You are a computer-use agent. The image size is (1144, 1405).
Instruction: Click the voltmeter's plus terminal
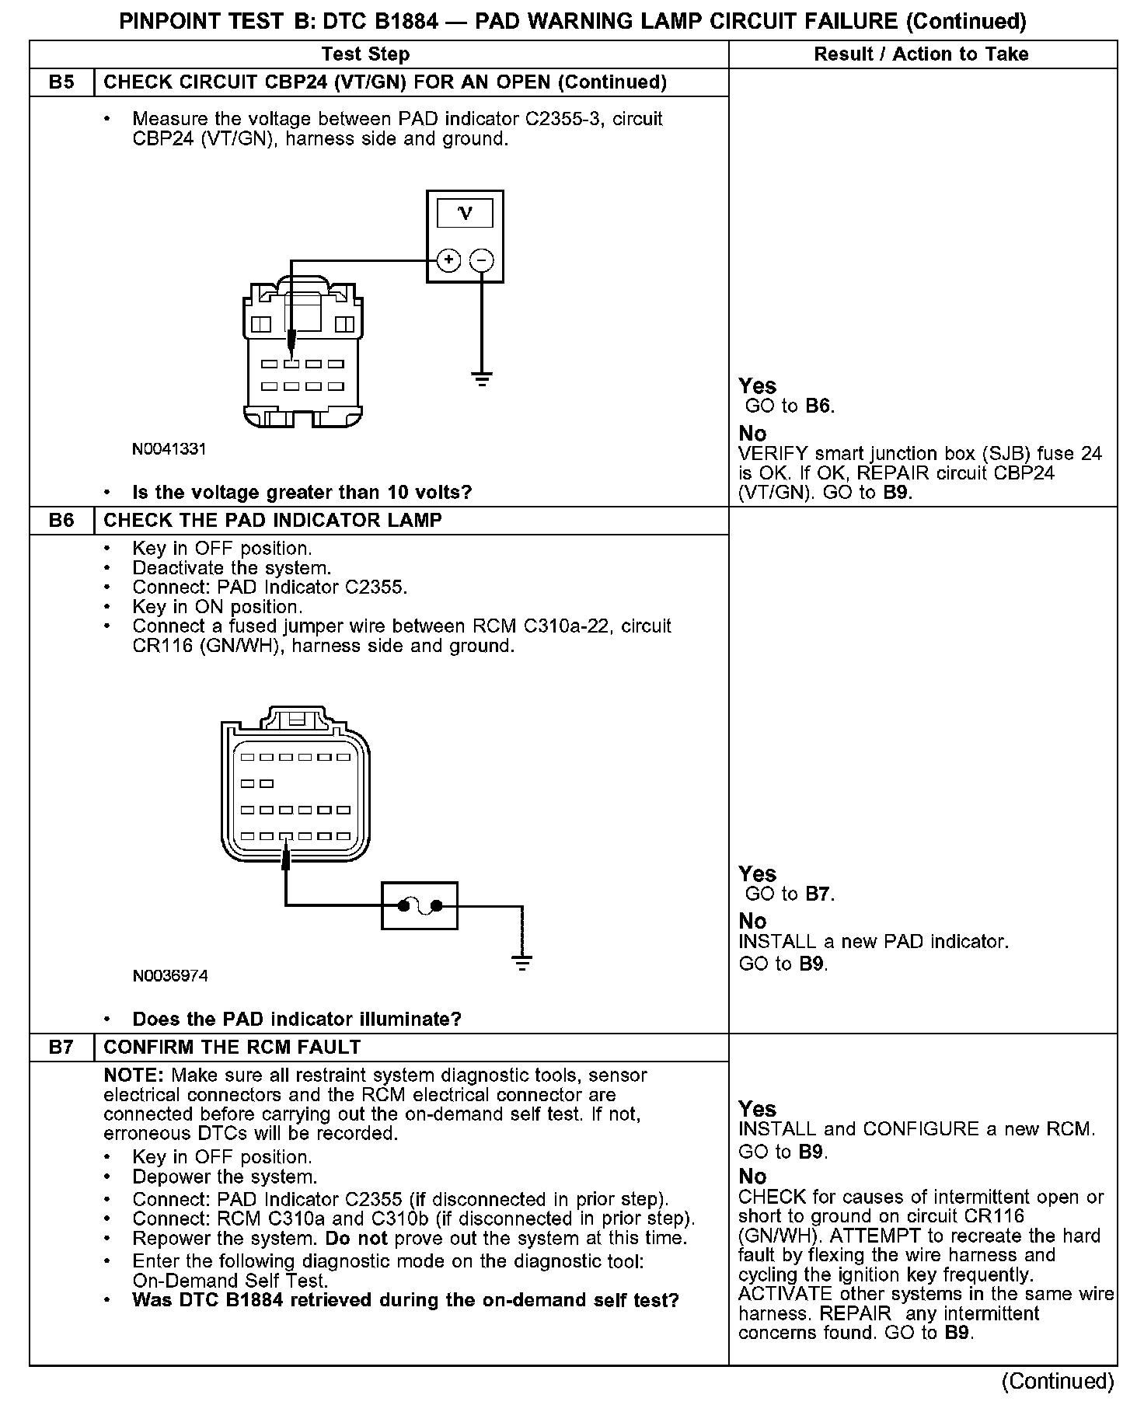pyautogui.click(x=448, y=260)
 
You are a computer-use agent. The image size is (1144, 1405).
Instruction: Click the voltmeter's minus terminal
pyautogui.click(x=482, y=260)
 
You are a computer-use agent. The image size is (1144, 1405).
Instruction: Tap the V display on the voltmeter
pyautogui.click(x=465, y=213)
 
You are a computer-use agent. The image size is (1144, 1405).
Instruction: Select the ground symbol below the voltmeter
pyautogui.click(x=482, y=379)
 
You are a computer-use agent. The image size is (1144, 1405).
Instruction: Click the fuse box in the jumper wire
pyautogui.click(x=420, y=905)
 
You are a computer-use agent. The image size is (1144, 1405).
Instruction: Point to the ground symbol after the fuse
pyautogui.click(x=522, y=963)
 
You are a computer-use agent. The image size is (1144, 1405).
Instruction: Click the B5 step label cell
pyautogui.click(x=61, y=82)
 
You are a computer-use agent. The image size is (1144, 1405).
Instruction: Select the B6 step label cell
pyautogui.click(x=61, y=520)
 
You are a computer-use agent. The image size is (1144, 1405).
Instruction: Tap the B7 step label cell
pyautogui.click(x=61, y=1047)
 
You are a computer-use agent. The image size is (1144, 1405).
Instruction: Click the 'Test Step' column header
pyautogui.click(x=365, y=54)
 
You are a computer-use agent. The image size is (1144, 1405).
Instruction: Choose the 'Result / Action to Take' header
pyautogui.click(x=921, y=54)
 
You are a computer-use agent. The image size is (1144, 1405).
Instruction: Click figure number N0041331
pyautogui.click(x=169, y=449)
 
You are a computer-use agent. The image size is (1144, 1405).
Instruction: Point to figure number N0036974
pyautogui.click(x=170, y=976)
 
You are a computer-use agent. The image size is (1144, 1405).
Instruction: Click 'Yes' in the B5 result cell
pyautogui.click(x=757, y=386)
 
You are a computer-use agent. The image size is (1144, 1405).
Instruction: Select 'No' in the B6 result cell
pyautogui.click(x=752, y=921)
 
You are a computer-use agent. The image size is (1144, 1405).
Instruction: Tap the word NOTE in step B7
pyautogui.click(x=134, y=1076)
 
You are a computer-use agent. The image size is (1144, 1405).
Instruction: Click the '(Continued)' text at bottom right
pyautogui.click(x=1057, y=1381)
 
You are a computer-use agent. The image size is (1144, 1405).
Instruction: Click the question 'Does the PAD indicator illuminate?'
pyautogui.click(x=297, y=1019)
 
